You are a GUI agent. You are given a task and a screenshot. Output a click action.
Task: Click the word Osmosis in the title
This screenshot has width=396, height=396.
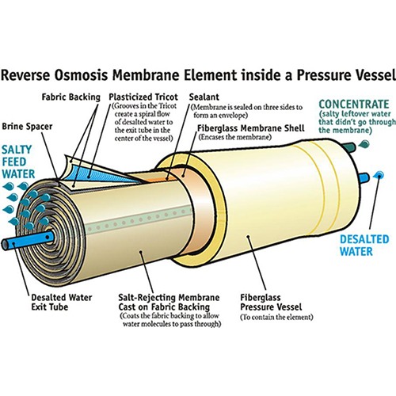coord(82,75)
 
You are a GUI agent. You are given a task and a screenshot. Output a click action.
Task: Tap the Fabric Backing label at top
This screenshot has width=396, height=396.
coord(71,97)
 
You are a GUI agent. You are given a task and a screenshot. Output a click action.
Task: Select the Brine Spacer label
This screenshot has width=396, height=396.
coord(27,127)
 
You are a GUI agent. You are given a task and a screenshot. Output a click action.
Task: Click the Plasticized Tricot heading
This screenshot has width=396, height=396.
coord(143,97)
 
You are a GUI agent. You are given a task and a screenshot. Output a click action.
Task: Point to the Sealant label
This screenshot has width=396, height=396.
coord(204,97)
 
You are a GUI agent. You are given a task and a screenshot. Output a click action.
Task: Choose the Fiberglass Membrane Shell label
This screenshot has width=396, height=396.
coord(251,128)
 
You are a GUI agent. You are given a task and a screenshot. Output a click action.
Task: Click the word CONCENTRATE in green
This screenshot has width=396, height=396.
coord(354,104)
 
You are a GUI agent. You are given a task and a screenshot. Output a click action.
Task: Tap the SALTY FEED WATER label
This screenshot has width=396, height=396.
coord(18,162)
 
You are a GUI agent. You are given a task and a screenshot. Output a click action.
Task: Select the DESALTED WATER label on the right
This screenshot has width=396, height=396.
coord(364,246)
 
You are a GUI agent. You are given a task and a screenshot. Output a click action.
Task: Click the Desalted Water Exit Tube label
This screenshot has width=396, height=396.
coord(62,303)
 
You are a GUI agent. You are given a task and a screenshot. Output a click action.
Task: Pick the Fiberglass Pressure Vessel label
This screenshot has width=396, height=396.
coord(271,303)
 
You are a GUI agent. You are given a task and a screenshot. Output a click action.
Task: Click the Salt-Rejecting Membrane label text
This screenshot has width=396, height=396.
coord(169,303)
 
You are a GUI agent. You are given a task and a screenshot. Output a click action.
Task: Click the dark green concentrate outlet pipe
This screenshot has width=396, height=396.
coord(349,147)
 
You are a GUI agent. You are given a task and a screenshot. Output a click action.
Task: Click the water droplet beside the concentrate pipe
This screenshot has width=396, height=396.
coord(364,144)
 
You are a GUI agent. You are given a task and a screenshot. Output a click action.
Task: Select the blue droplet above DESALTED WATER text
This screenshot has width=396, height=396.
coord(379,174)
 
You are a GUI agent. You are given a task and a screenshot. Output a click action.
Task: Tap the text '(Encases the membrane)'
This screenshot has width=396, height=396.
coord(234,138)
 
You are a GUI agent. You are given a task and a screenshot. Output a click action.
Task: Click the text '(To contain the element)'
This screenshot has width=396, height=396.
coord(276,317)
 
